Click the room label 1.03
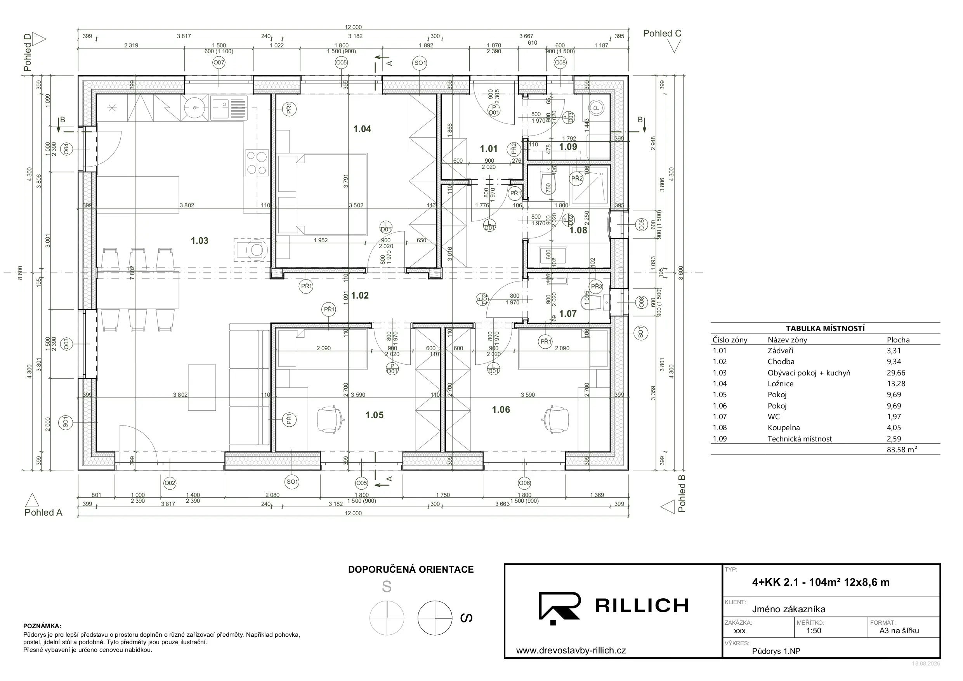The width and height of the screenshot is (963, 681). point(199,241)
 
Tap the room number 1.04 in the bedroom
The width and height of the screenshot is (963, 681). point(362,129)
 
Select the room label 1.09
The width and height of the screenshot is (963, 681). point(568,147)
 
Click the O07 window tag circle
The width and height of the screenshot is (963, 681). point(219,63)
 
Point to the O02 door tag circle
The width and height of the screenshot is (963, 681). point(170,483)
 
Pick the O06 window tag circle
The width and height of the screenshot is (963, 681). point(524,483)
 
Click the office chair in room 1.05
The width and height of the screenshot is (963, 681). point(330,419)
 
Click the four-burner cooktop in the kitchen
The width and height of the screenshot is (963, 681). point(257,163)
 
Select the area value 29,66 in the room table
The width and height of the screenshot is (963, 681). point(896,373)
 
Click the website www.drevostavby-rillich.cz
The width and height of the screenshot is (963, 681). point(571,651)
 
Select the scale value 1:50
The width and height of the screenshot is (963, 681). point(814,631)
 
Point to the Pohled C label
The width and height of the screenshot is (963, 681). point(662,33)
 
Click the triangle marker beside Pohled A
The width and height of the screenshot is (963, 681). point(32,500)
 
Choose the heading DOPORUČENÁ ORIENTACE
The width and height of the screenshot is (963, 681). point(411,570)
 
